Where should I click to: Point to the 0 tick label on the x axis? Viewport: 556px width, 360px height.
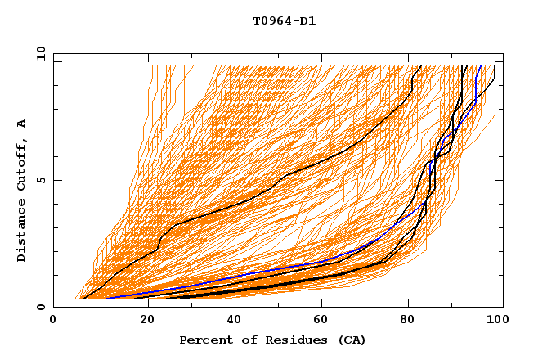pos(53,321)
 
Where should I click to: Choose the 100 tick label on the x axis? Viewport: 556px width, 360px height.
pos(495,321)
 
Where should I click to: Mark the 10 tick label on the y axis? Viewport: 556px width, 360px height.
pos(39,53)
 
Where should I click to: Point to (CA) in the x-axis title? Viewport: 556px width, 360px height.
pos(352,340)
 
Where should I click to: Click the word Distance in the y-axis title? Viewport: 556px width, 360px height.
pos(22,232)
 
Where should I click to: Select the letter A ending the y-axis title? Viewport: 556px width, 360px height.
pos(22,124)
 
